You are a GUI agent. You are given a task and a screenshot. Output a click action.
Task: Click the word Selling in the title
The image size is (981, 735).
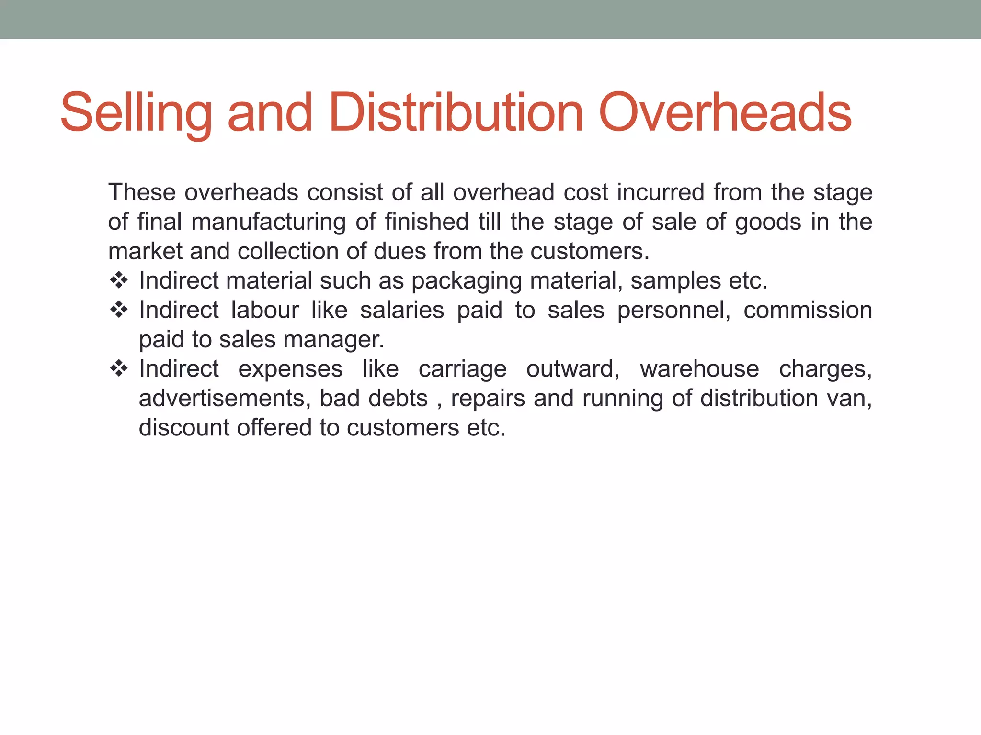point(136,113)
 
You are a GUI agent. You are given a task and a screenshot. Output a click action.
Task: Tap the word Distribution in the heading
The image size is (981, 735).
point(456,113)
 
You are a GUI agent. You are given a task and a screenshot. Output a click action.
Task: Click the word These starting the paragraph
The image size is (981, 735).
point(142,192)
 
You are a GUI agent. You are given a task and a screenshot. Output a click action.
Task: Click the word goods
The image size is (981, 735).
point(768,222)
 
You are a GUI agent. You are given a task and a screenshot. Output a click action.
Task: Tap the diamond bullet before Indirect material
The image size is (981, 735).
point(119,280)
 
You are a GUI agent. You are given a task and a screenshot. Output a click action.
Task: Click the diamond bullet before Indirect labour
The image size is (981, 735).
point(119,310)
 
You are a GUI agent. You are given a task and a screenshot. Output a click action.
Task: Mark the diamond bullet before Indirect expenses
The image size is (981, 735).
point(119,368)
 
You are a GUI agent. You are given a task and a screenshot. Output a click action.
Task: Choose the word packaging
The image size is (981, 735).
point(467,281)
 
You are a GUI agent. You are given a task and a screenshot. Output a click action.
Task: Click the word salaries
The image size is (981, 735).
point(402,310)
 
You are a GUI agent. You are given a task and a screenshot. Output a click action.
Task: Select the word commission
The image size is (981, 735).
point(808,310)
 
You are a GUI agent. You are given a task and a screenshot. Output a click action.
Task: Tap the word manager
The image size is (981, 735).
point(334,340)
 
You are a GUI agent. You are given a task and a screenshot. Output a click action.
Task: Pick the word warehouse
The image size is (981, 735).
point(699,369)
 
